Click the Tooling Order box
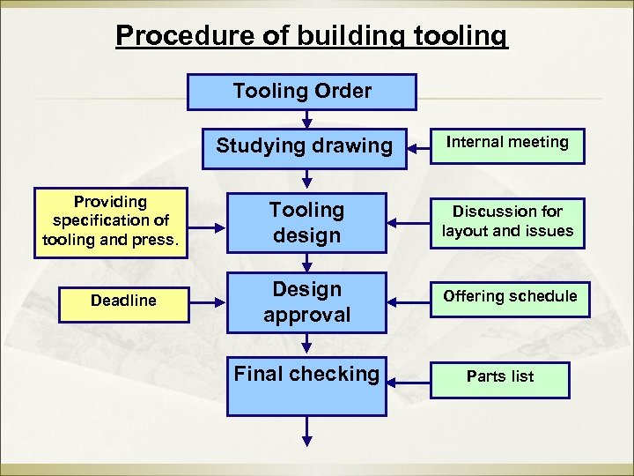302,92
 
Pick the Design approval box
306,302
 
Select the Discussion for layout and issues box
507,222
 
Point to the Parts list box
500,377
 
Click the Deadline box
123,301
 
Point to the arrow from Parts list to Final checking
409,381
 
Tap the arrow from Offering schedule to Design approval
409,301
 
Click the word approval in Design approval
306,315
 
